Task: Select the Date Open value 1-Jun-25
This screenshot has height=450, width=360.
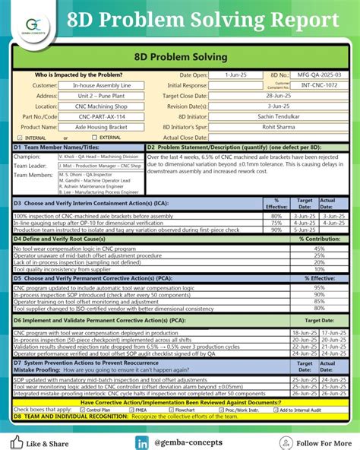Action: [237, 75]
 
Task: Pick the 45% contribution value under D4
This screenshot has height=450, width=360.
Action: [319, 249]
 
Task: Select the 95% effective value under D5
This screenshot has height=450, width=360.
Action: [319, 288]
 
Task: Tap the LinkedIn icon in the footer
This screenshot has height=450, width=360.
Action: [142, 442]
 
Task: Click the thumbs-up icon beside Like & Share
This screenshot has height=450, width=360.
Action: [17, 441]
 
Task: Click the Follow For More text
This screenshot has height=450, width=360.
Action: [318, 442]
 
